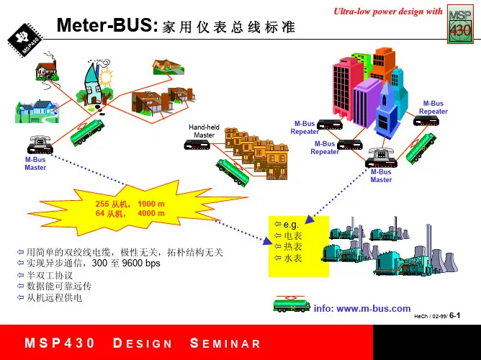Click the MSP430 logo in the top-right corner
pos(460,27)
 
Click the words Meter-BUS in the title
pos(107,26)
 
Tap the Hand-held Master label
pos(204,131)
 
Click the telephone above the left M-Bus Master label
pos(37,144)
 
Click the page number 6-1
pos(454,315)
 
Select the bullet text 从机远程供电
pos(55,297)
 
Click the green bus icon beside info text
pos(291,304)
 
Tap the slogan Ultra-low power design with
pos(387,11)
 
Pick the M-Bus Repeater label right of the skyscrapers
pos(433,107)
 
